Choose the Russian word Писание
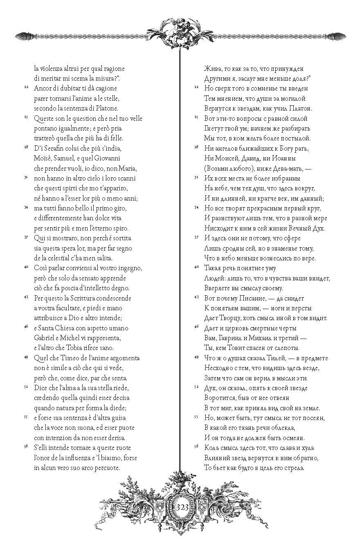pos(245,298)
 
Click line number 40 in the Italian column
pos(26,267)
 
